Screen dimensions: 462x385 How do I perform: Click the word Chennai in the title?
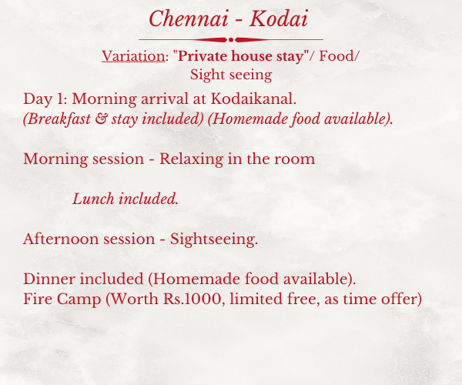click(x=189, y=18)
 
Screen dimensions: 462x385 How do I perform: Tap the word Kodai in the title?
click(x=279, y=18)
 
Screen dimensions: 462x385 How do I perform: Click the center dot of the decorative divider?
click(x=231, y=40)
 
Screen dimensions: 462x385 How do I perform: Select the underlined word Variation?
click(x=133, y=56)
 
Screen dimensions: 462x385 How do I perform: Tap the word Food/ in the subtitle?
click(x=339, y=56)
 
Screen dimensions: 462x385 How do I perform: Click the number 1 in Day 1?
click(x=60, y=99)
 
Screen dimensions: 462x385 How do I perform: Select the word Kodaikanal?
click(x=253, y=99)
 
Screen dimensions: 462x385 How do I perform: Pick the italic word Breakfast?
click(x=57, y=119)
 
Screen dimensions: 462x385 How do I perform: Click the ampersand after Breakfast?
click(x=101, y=119)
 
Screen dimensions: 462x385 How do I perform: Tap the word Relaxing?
click(x=191, y=159)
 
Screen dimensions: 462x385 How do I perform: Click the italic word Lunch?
click(x=93, y=199)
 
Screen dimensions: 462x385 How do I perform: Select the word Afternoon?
click(x=60, y=239)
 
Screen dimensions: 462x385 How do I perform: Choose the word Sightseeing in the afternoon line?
click(x=214, y=239)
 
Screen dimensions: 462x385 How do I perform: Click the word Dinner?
click(x=49, y=279)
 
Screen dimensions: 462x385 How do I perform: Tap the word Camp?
click(x=79, y=300)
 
